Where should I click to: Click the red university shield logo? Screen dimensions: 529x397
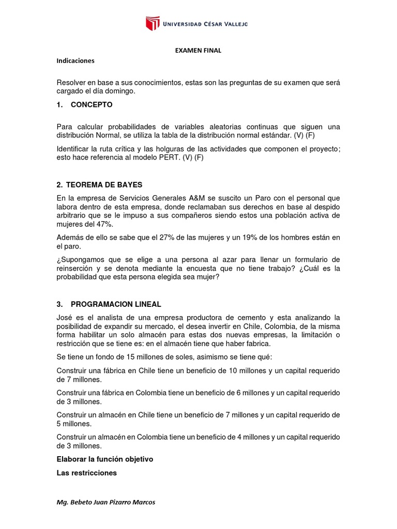152,23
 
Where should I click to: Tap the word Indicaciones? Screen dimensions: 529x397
75,60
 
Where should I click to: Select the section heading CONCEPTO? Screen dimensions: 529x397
91,104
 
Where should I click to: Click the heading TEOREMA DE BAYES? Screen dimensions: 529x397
99,184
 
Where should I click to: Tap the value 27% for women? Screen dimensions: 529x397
156,237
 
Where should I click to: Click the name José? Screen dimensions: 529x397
65,317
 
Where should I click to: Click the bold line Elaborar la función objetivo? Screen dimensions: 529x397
105,459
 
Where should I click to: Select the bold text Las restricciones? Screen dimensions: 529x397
86,473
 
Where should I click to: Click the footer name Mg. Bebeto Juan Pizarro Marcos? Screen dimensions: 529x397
105,502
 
